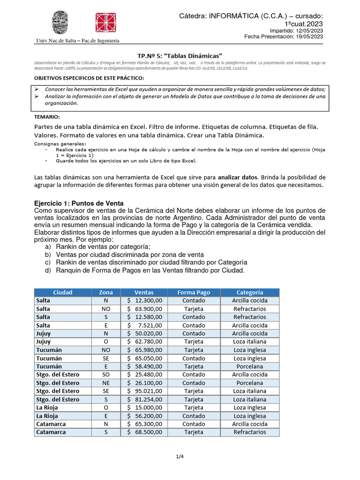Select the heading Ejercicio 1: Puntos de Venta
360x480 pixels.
[x=79, y=203]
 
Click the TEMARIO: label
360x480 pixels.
[x=47, y=116]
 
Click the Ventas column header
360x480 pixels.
[x=143, y=292]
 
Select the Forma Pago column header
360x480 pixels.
[x=194, y=292]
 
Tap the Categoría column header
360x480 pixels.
[x=249, y=292]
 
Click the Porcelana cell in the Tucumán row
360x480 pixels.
[x=249, y=366]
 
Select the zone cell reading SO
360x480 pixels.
[x=105, y=375]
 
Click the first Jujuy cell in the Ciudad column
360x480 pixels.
[x=44, y=333]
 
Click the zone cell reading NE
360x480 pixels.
[x=105, y=383]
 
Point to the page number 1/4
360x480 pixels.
[x=180, y=456]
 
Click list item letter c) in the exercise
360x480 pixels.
[x=48, y=262]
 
